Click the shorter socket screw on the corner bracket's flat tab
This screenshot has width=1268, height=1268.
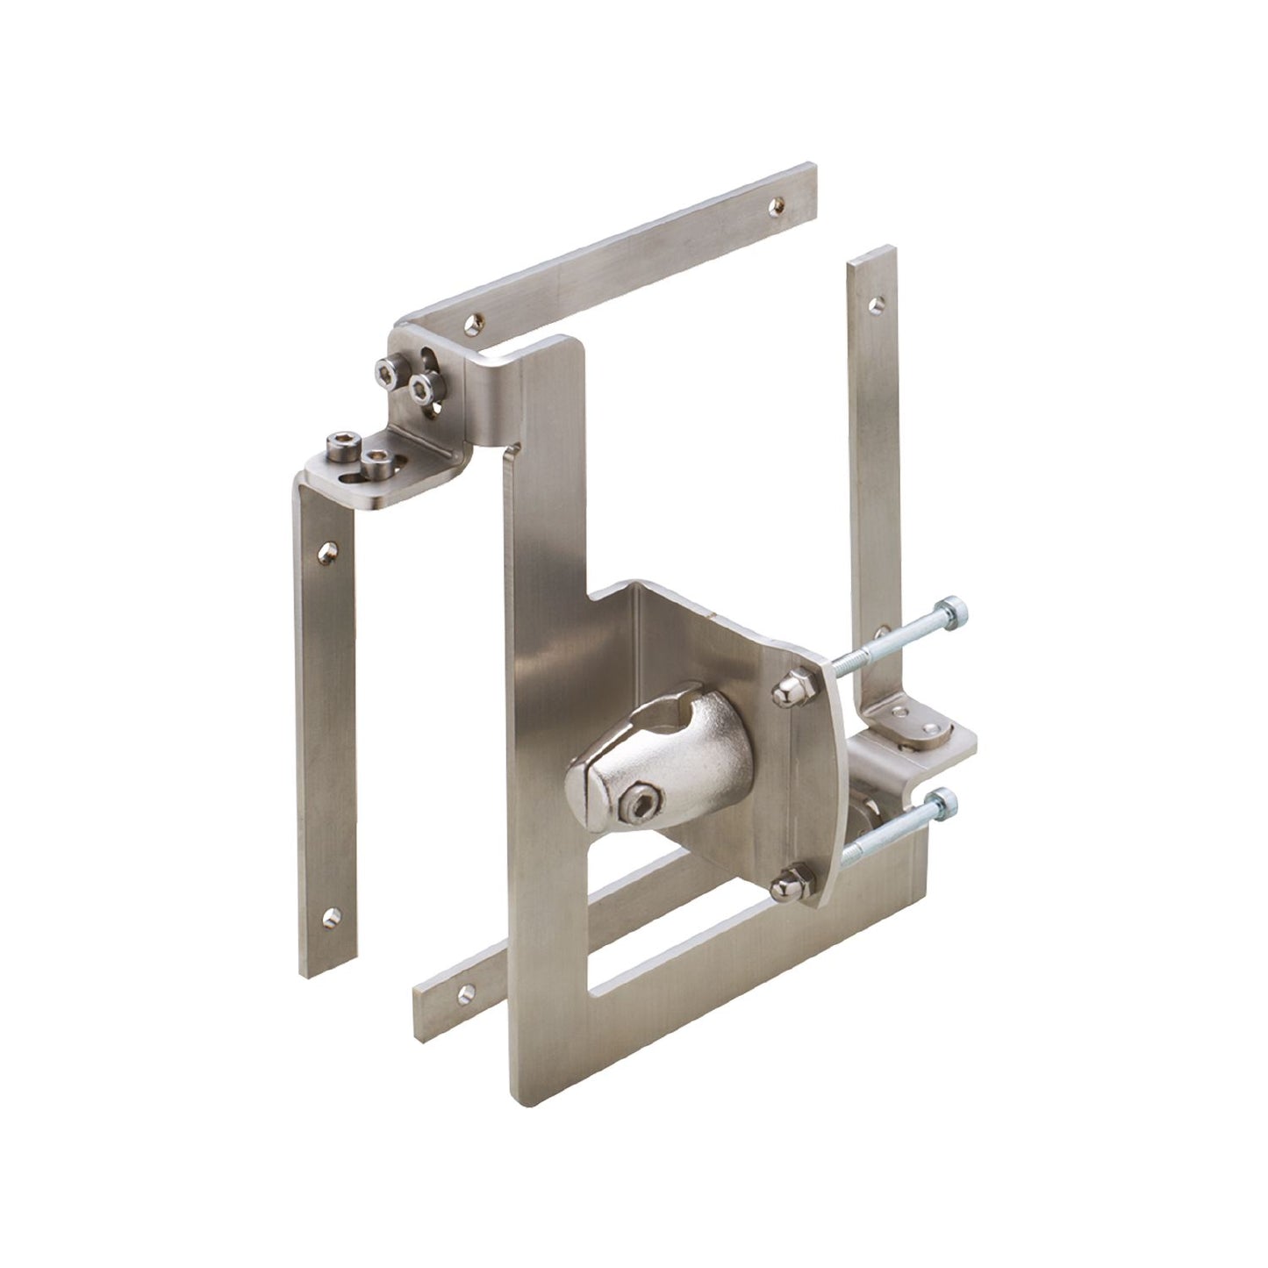point(377,458)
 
